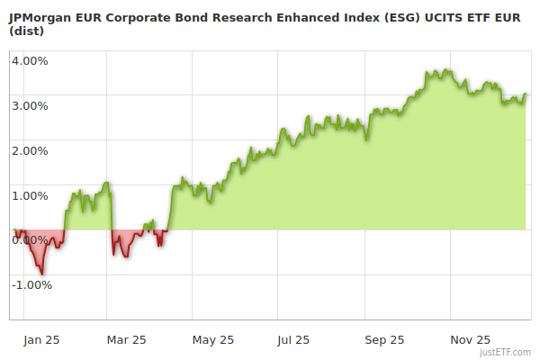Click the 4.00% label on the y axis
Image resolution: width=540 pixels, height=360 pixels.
point(30,61)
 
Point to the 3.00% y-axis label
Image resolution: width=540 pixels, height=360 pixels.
point(30,105)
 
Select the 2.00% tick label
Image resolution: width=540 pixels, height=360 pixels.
point(30,150)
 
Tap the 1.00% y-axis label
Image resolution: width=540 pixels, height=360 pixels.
point(30,195)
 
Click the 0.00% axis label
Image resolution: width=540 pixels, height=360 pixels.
point(30,239)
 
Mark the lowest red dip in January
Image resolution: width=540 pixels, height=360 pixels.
point(41,273)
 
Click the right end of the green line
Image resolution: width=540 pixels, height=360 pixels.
point(526,94)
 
